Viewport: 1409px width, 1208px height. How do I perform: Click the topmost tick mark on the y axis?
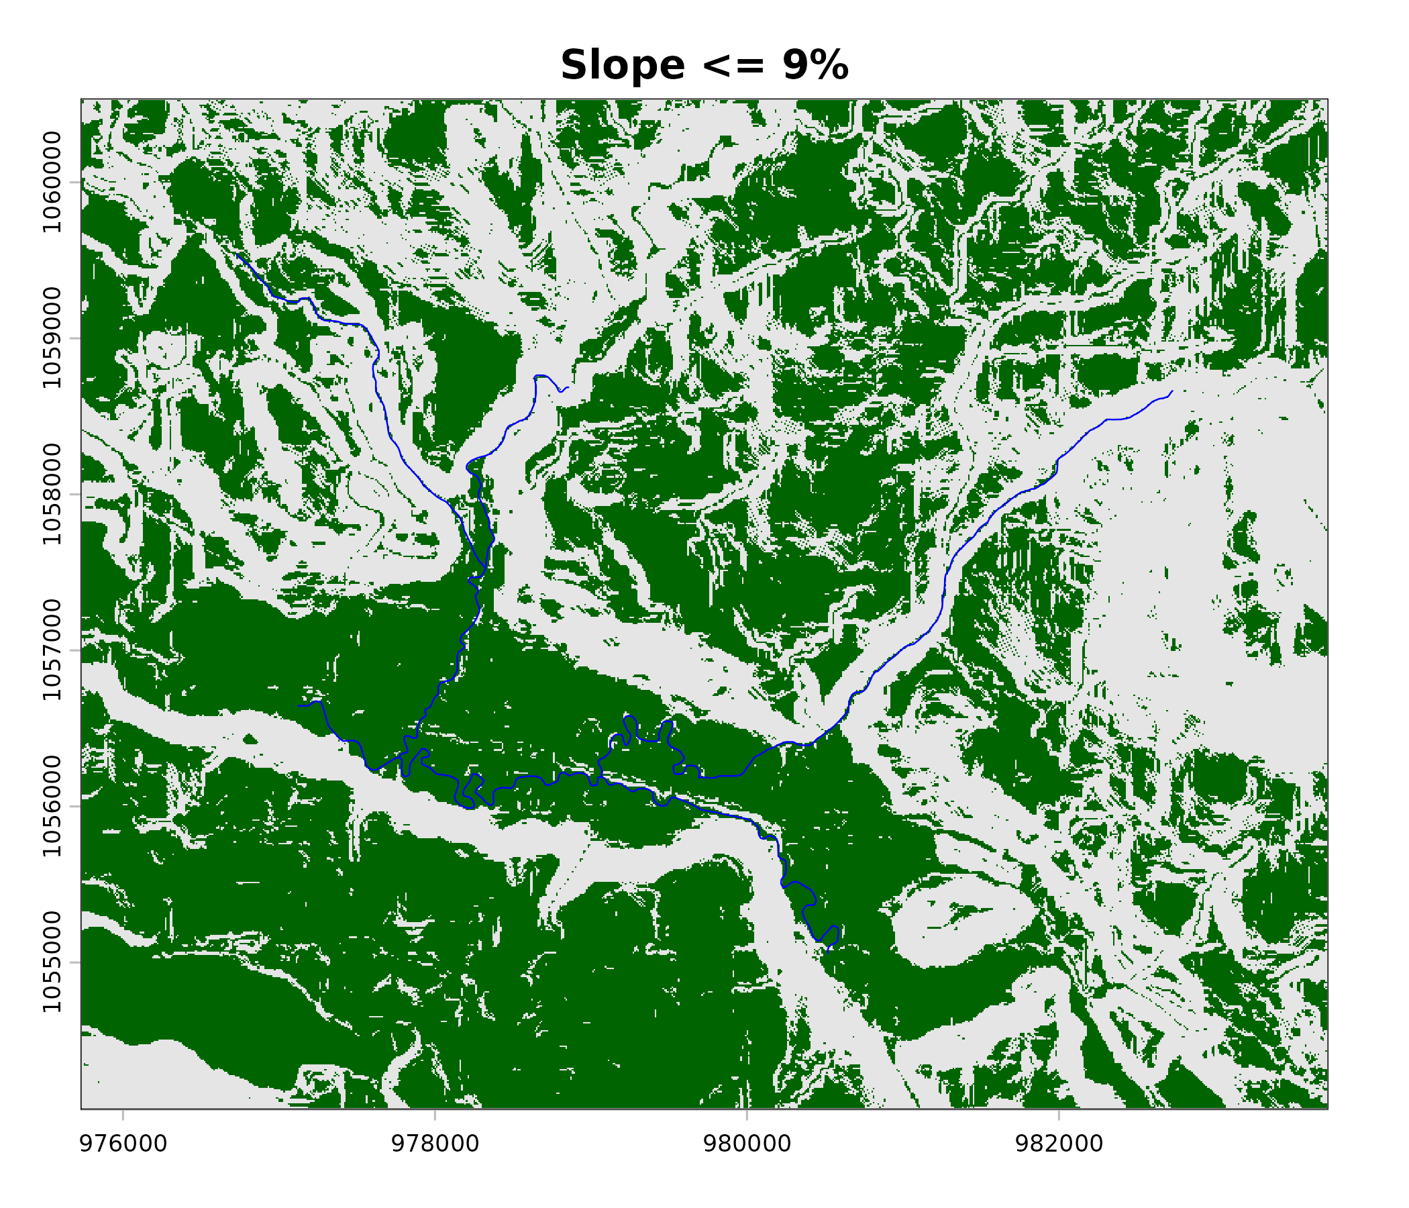[74, 183]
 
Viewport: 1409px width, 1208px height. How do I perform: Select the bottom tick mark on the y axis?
[74, 962]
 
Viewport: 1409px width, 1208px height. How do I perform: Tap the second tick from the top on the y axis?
[74, 338]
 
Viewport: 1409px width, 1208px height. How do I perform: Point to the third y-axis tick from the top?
[74, 495]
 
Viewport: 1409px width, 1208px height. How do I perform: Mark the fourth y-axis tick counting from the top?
[74, 650]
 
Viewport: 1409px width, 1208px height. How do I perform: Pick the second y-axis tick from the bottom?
[74, 807]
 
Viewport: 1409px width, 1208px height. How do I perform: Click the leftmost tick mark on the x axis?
[123, 1114]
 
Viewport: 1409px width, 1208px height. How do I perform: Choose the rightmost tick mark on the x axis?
[1058, 1114]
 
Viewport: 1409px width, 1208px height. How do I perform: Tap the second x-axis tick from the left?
[435, 1114]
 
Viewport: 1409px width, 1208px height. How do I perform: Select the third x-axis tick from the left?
[747, 1114]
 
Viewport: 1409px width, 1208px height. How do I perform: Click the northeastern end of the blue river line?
[1172, 391]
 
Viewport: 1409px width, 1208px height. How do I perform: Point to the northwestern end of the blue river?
[238, 256]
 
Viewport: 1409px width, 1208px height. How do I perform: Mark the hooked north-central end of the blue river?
[567, 388]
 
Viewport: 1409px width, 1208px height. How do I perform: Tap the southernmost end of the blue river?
[828, 952]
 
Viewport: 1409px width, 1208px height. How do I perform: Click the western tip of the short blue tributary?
[299, 706]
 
